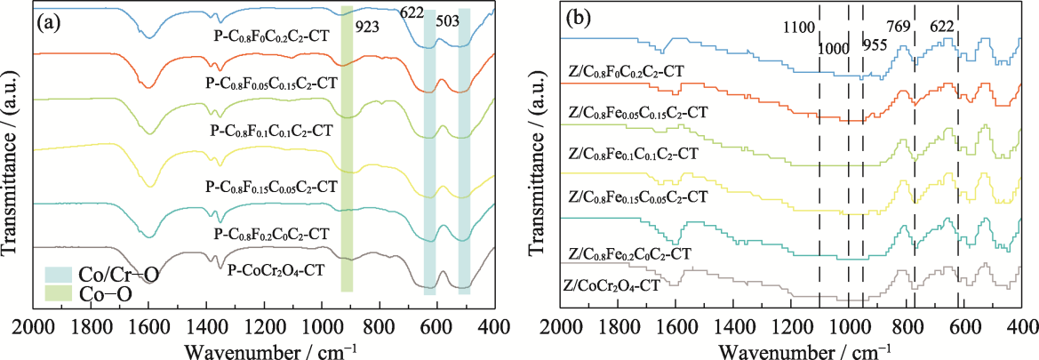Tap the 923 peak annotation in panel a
point(367,27)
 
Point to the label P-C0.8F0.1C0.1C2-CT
point(271,130)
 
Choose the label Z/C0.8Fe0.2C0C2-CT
point(629,253)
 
